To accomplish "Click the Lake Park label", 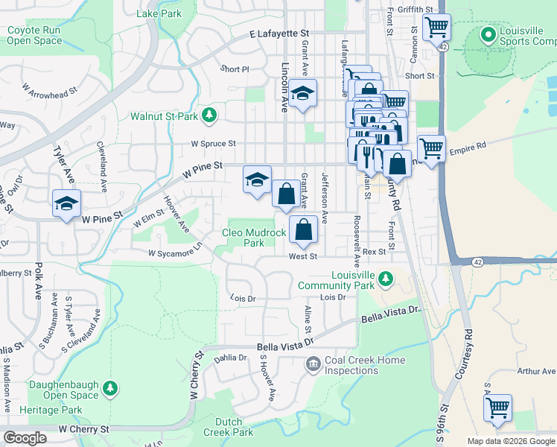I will tap(159, 13).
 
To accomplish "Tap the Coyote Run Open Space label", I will tap(34, 36).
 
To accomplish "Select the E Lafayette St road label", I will tap(279, 34).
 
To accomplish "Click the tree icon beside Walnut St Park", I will tap(210, 115).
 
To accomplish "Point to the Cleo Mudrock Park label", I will tap(254, 238).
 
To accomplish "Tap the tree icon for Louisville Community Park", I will tap(385, 279).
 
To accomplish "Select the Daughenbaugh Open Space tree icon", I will tap(110, 387).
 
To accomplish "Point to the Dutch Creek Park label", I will tap(229, 427).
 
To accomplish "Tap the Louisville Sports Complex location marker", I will tap(488, 34).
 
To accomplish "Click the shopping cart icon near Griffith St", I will tap(436, 29).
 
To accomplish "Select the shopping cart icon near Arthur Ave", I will tap(497, 408).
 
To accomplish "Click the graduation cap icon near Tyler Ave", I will tap(66, 202).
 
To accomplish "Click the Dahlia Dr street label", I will tap(230, 358).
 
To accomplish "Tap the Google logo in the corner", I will tap(26, 438).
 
